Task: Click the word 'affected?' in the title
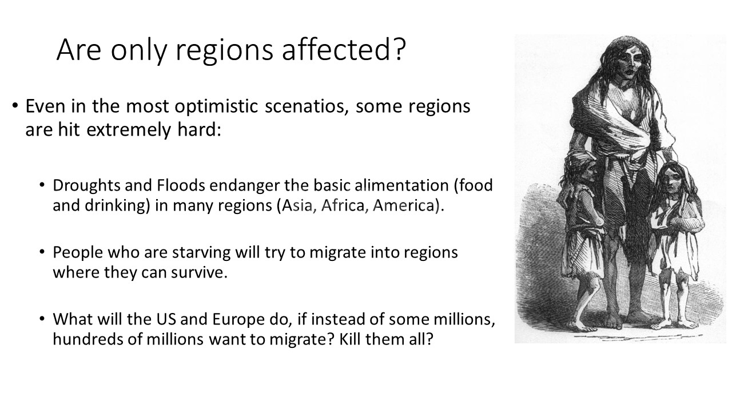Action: [344, 49]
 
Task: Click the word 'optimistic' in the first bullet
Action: [216, 107]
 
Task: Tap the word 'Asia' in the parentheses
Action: [299, 205]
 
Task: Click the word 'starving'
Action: [201, 253]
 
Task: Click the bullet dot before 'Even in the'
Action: [15, 106]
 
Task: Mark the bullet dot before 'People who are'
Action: [42, 252]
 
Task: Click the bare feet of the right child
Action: [675, 324]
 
